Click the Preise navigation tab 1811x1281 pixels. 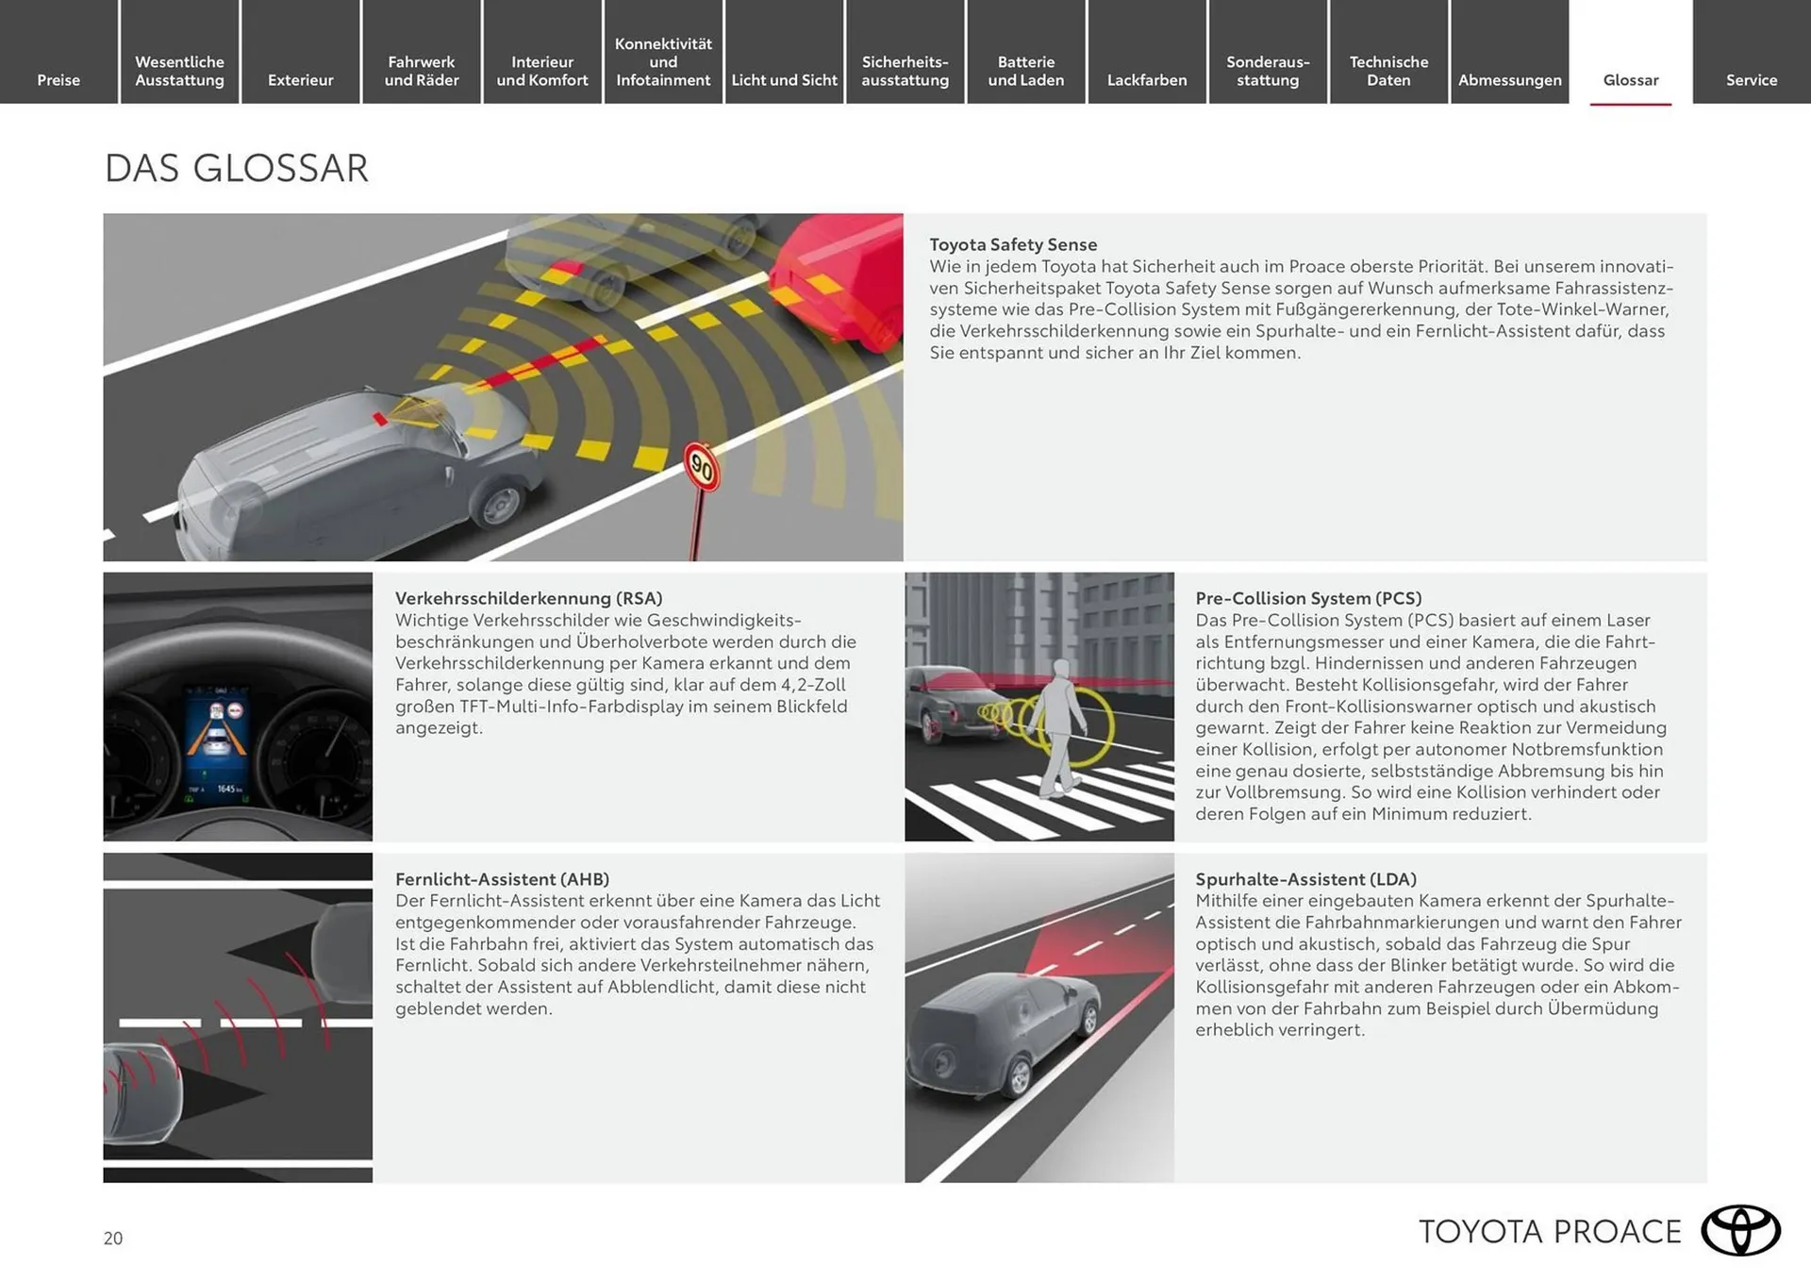click(x=58, y=80)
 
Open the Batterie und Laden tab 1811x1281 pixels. click(x=1025, y=71)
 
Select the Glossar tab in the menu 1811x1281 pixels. click(x=1630, y=80)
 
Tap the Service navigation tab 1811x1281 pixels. click(x=1751, y=80)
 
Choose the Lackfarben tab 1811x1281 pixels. click(x=1146, y=80)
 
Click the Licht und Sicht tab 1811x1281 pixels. click(x=784, y=80)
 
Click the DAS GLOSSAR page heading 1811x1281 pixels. click(x=236, y=169)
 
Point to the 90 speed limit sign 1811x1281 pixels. click(x=702, y=466)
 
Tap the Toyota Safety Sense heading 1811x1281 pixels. click(x=1013, y=244)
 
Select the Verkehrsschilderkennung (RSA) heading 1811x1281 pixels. click(x=528, y=598)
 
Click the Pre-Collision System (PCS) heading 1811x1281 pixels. click(x=1308, y=598)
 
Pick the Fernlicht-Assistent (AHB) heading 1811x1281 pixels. click(x=502, y=879)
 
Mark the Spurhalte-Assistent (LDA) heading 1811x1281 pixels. click(x=1305, y=879)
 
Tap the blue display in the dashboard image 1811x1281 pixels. click(x=217, y=745)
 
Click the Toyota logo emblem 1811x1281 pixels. click(x=1739, y=1230)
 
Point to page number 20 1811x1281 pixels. click(x=113, y=1239)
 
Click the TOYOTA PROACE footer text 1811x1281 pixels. click(x=1550, y=1232)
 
